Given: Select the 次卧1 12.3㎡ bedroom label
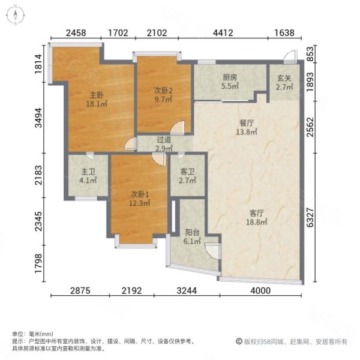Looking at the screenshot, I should pos(136,199).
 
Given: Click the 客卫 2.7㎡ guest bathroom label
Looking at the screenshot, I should pos(187,175).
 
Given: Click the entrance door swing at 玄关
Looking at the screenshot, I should pos(289,58).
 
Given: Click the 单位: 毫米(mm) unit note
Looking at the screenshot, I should pos(32,334).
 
